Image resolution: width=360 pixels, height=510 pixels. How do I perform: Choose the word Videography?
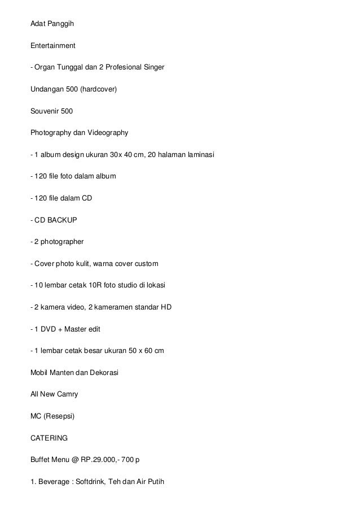pyautogui.click(x=109, y=133)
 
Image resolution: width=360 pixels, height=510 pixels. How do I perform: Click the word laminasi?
pyautogui.click(x=199, y=155)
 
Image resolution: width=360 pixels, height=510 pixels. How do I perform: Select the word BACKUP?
pyautogui.click(x=62, y=220)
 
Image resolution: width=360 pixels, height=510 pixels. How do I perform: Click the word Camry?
pyautogui.click(x=67, y=394)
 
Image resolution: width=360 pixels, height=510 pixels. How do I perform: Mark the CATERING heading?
pyautogui.click(x=50, y=438)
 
